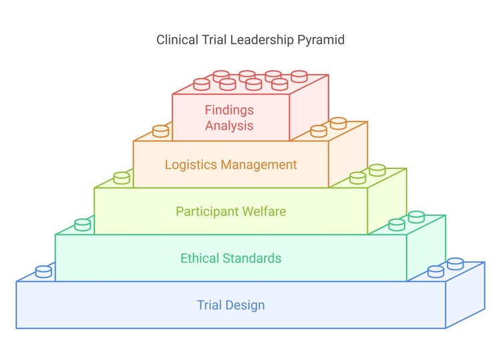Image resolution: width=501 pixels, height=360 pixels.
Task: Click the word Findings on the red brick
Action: point(229,110)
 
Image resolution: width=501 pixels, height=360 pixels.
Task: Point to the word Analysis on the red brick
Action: point(229,125)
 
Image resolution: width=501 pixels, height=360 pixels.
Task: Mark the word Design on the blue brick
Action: point(246,305)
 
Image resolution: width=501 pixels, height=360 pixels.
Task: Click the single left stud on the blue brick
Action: point(43,271)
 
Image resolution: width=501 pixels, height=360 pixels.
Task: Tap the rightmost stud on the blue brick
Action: point(455,263)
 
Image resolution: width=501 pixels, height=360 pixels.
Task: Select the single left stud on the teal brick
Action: point(82,224)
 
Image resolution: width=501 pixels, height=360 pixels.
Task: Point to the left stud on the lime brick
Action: point(122,178)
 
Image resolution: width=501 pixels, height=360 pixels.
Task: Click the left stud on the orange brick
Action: point(160,131)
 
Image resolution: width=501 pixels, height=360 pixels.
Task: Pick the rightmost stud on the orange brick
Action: point(338,123)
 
